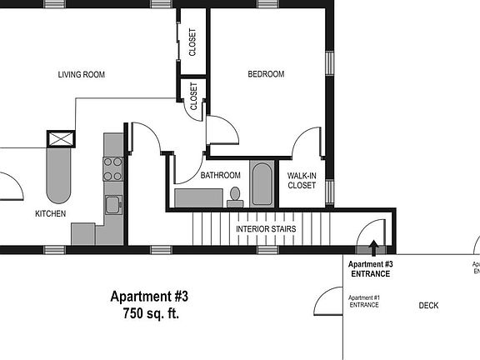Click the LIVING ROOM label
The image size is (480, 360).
pyautogui.click(x=81, y=75)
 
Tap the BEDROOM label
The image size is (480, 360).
pyautogui.click(x=266, y=74)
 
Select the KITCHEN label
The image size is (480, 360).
pyautogui.click(x=50, y=213)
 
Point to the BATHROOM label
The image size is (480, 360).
pyautogui.click(x=220, y=175)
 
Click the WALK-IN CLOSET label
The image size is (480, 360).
pyautogui.click(x=302, y=181)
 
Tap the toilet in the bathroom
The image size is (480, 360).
pyautogui.click(x=236, y=197)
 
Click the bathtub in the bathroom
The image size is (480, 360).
pyautogui.click(x=262, y=184)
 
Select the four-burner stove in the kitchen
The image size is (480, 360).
pyautogui.click(x=112, y=169)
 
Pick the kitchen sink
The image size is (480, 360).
pyautogui.click(x=112, y=204)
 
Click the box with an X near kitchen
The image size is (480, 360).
pyautogui.click(x=61, y=139)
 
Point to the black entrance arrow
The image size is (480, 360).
pyautogui.click(x=373, y=247)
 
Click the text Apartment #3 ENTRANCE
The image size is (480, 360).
pyautogui.click(x=371, y=269)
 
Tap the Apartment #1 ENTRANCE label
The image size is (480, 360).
pyautogui.click(x=364, y=302)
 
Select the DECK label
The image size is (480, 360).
pyautogui.click(x=428, y=306)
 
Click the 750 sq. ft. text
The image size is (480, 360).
pyautogui.click(x=150, y=314)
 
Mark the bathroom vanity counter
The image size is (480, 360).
pyautogui.click(x=199, y=197)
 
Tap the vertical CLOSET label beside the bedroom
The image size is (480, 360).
pyautogui.click(x=192, y=42)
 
